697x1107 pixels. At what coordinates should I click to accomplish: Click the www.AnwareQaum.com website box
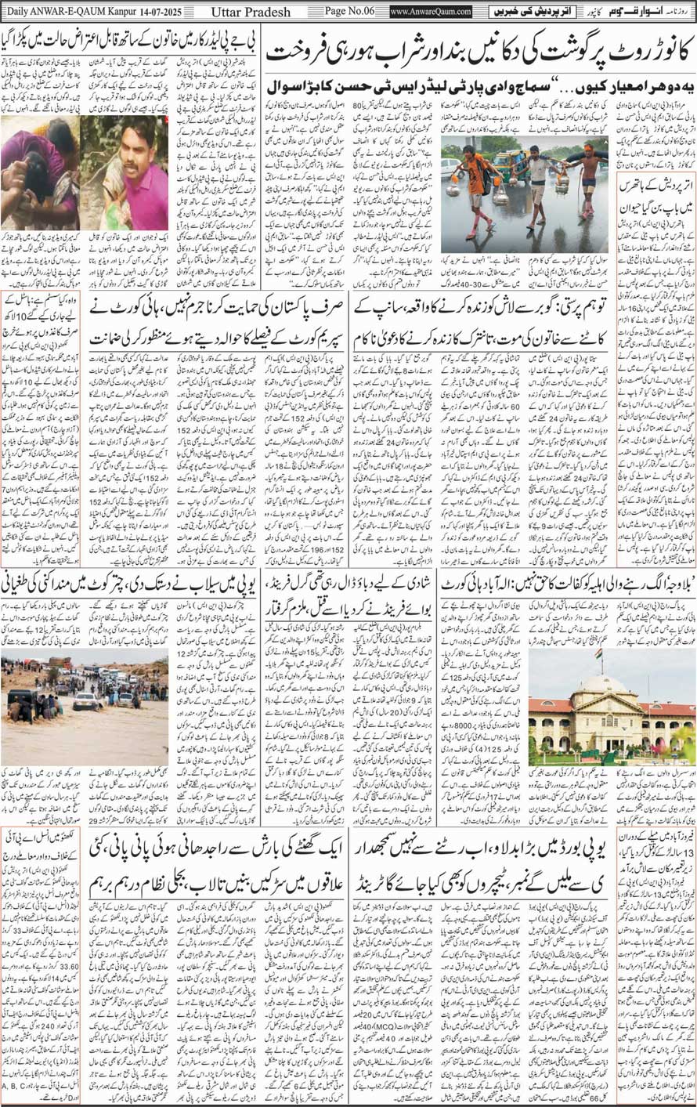[x=430, y=12]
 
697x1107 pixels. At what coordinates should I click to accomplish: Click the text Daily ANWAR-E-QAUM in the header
[x=47, y=12]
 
